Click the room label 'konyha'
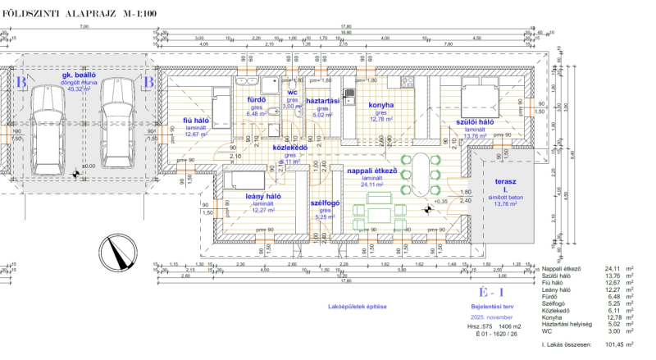point(382,105)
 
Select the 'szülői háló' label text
point(475,121)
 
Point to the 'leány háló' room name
point(263,196)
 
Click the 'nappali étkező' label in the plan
point(372,171)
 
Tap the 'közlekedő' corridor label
point(290,148)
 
